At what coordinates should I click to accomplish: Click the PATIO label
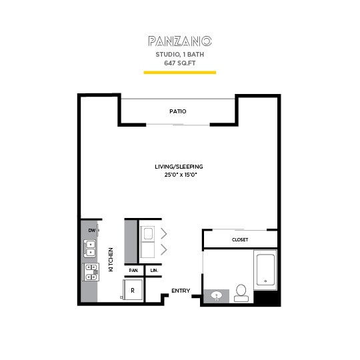(x=177, y=111)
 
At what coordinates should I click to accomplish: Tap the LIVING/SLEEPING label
(x=179, y=166)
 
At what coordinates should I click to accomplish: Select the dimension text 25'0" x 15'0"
(x=179, y=175)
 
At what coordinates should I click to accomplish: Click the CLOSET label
(x=240, y=239)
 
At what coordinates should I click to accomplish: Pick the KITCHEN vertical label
(x=111, y=260)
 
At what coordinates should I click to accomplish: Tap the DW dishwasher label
(x=91, y=231)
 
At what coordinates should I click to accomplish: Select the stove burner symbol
(x=89, y=271)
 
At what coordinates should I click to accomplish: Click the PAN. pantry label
(x=133, y=270)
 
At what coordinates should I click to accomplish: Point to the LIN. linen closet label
(x=154, y=270)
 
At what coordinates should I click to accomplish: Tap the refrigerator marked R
(x=132, y=291)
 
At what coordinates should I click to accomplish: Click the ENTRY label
(x=180, y=291)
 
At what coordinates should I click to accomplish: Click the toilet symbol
(x=241, y=293)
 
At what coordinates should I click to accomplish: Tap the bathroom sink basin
(x=217, y=295)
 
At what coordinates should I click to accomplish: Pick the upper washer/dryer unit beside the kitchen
(x=147, y=233)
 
